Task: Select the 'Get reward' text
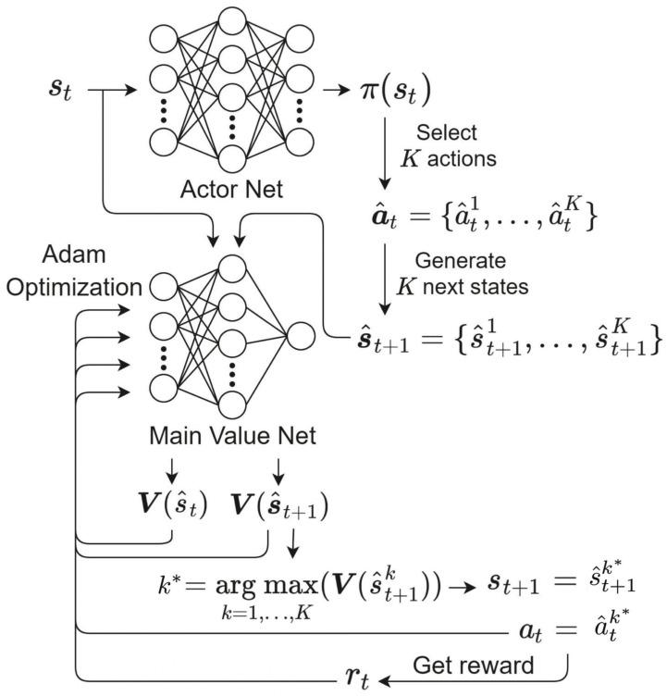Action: (x=474, y=665)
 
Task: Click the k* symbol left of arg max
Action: (x=172, y=585)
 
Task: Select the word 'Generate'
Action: (x=450, y=260)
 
